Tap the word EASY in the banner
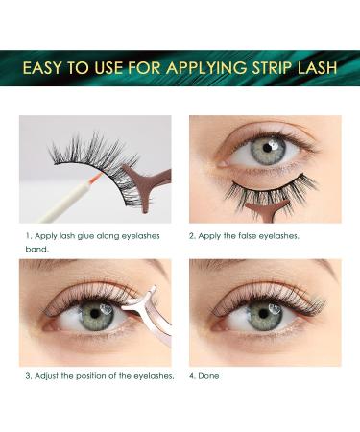(x=42, y=68)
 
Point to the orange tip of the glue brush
(x=98, y=176)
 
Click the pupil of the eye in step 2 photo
(x=268, y=148)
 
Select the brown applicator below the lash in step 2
(x=261, y=209)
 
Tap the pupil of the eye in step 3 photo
(x=95, y=313)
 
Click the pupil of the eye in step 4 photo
(x=263, y=313)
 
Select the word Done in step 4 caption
(x=208, y=376)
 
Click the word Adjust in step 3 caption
(x=46, y=376)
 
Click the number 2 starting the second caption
(x=191, y=236)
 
